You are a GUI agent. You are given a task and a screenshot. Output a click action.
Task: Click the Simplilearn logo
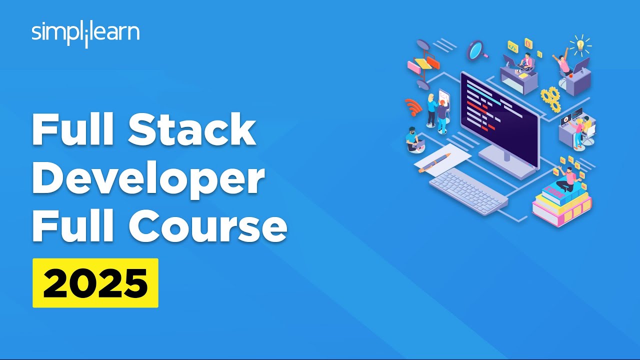(85, 33)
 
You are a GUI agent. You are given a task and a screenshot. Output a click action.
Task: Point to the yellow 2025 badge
(95, 282)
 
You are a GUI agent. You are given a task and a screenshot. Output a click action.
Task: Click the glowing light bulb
(580, 45)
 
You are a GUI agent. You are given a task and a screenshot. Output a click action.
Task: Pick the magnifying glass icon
(476, 50)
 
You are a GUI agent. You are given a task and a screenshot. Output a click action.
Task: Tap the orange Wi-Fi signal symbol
(413, 106)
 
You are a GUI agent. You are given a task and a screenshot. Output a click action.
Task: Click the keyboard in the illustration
(468, 190)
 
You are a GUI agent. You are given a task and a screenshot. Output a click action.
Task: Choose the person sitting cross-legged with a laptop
(413, 140)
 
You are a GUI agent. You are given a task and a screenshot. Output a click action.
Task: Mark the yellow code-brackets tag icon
(512, 46)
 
